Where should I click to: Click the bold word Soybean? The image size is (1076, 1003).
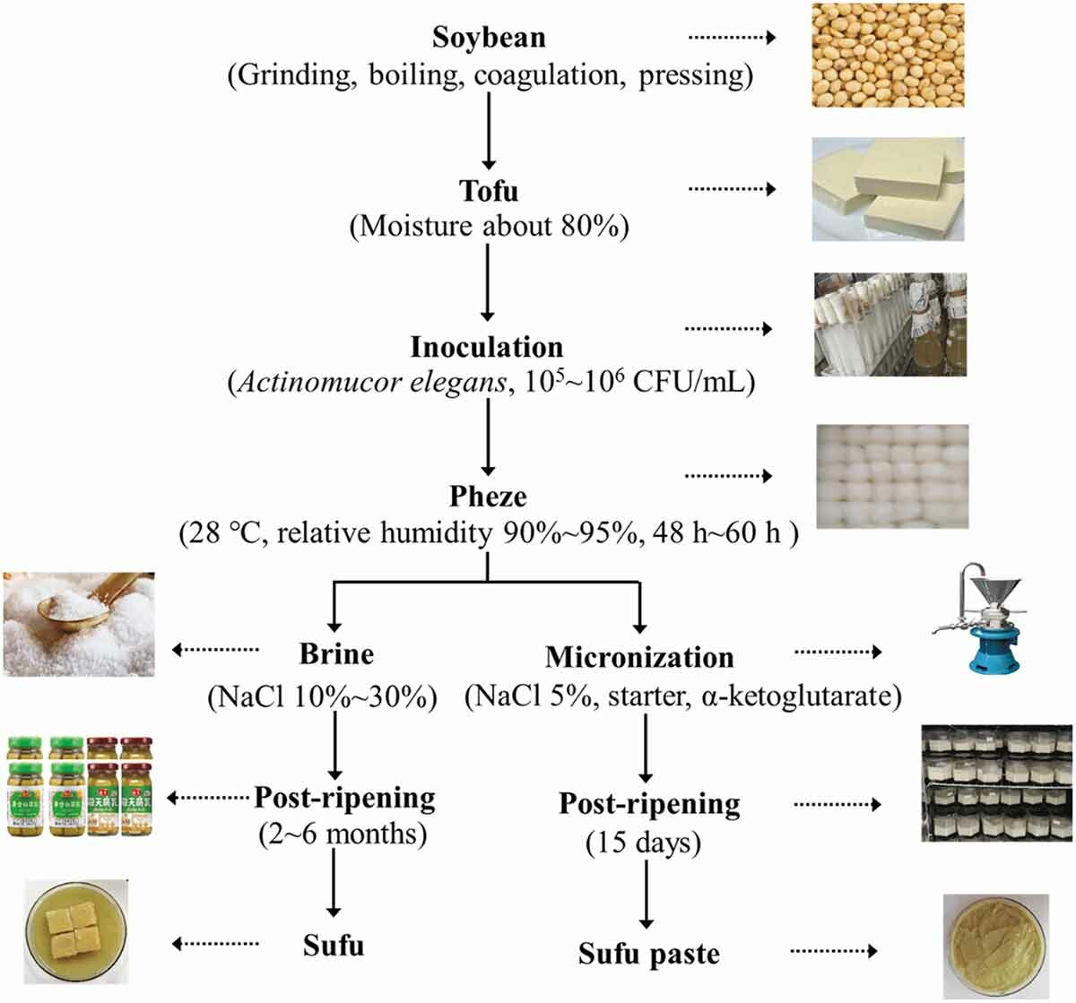pos(489,37)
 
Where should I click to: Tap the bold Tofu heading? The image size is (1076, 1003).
pos(489,191)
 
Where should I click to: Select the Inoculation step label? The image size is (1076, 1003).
pos(487,347)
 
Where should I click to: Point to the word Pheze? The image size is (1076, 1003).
pos(488,497)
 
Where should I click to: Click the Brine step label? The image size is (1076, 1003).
pos(336,653)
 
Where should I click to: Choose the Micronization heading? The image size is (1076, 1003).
pos(639,657)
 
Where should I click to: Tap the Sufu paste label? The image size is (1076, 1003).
pos(648,953)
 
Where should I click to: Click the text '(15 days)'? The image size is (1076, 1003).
pos(644,843)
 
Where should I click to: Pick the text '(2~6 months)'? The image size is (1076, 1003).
pos(342,834)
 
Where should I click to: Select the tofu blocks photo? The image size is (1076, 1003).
pos(889,189)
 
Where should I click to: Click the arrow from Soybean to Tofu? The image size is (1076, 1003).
pos(489,130)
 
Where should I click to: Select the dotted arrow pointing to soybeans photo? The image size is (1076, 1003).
pos(731,38)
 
